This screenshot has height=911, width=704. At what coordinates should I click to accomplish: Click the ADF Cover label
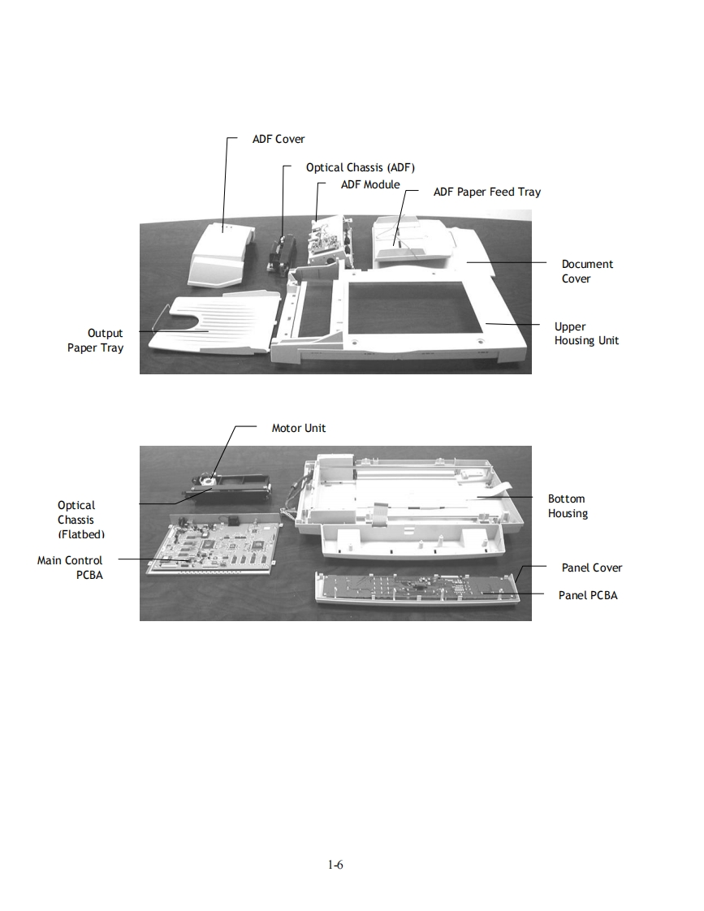click(x=279, y=139)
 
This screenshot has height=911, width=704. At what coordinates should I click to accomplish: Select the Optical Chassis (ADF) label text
click(x=360, y=167)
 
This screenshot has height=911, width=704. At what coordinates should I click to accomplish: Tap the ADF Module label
click(x=370, y=184)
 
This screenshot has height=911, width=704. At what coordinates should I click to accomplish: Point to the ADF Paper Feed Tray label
click(x=486, y=192)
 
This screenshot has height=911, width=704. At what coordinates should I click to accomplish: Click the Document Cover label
click(x=587, y=271)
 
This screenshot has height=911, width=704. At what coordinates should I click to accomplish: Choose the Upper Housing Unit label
click(x=586, y=334)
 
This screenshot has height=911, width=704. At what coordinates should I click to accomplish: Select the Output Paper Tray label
click(x=96, y=340)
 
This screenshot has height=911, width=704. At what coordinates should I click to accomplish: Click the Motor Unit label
click(x=299, y=428)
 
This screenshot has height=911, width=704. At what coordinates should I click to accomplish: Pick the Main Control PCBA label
click(x=71, y=568)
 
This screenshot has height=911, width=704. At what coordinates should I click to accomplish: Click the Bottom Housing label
click(x=567, y=506)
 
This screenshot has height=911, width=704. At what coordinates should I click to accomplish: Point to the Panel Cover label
click(x=592, y=568)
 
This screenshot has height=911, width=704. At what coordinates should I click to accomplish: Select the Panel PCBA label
click(x=588, y=595)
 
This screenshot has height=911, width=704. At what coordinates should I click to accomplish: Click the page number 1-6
click(x=335, y=865)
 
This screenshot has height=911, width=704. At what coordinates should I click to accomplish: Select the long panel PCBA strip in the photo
click(x=414, y=589)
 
